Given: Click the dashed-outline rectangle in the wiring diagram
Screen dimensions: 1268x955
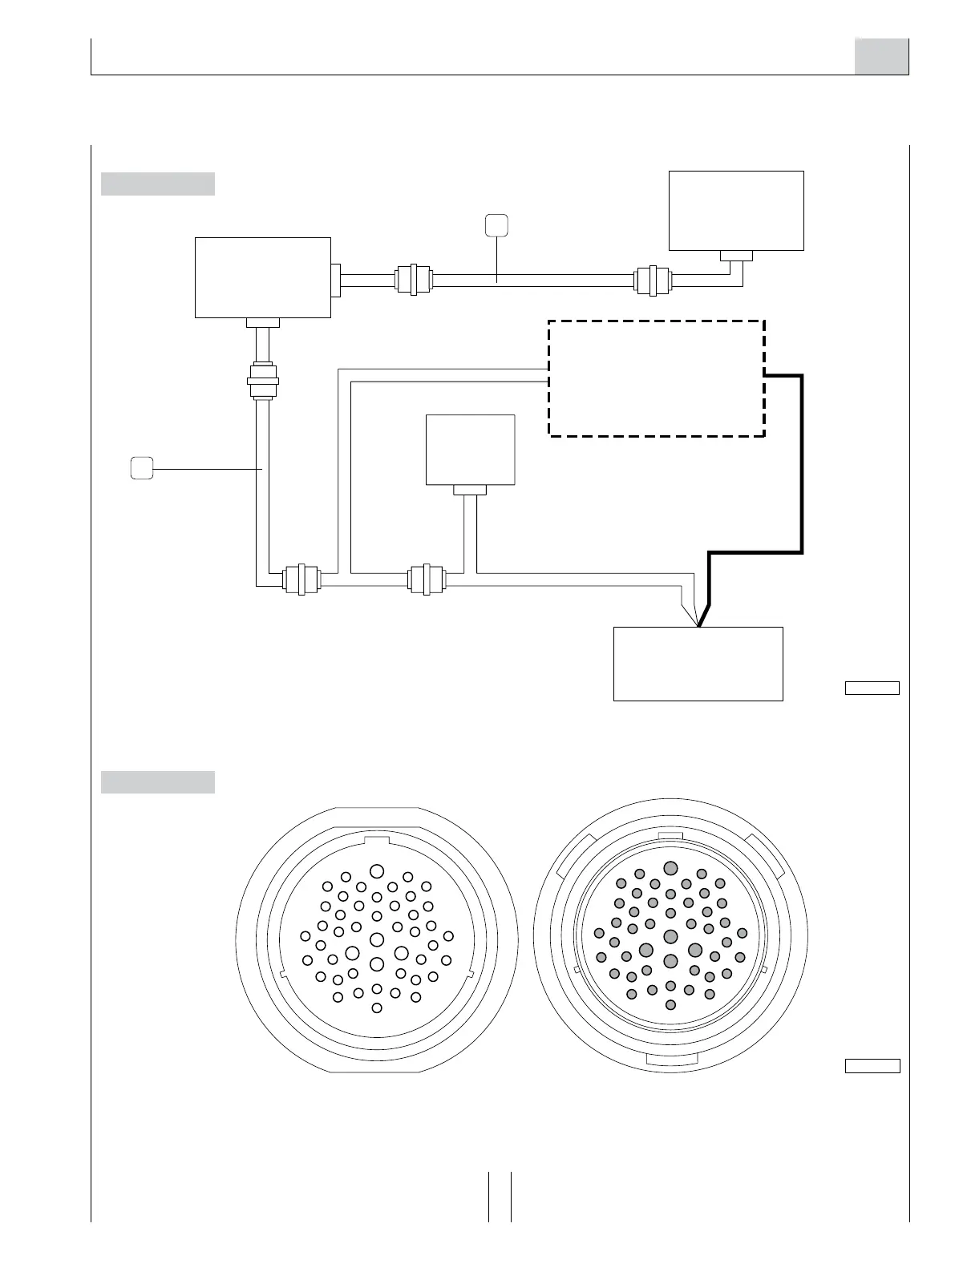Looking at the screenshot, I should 656,378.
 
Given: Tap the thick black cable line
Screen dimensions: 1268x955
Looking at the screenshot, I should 801,465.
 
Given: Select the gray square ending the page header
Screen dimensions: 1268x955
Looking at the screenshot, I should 881,56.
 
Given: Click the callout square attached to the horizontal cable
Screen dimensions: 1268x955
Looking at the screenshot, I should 496,225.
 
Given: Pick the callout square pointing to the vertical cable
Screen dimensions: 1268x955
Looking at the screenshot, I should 142,467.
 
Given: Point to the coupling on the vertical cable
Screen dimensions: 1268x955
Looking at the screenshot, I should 263,380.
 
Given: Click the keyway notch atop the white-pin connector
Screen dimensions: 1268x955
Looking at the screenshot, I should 376,842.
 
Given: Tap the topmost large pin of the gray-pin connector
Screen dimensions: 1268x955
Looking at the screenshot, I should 671,868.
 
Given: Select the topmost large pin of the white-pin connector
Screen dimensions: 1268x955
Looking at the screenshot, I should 377,871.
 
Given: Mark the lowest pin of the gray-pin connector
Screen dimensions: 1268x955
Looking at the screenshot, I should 671,1004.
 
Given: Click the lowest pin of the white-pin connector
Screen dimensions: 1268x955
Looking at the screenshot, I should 377,1007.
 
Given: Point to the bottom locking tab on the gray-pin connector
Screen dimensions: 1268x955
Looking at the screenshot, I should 671,1059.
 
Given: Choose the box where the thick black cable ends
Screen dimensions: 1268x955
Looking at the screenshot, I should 698,664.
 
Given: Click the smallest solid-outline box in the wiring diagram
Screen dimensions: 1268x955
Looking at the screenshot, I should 470,449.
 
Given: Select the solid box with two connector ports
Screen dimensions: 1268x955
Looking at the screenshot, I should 263,277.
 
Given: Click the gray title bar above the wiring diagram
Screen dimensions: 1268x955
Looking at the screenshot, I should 158,184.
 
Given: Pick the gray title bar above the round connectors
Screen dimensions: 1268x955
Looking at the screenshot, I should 158,782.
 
